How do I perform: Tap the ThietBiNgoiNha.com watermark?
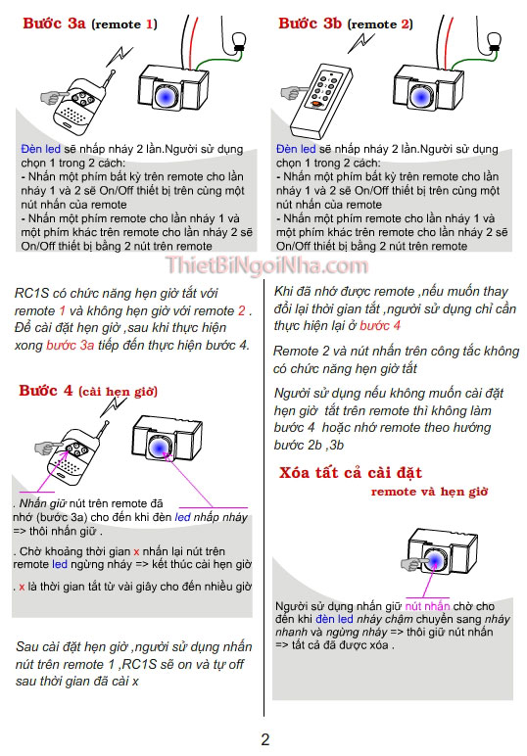pos(266,266)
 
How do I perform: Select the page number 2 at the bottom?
pos(264,739)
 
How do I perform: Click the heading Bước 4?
pos(45,391)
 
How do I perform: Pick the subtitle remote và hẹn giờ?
pos(430,492)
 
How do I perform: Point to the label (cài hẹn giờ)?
pos(119,392)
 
